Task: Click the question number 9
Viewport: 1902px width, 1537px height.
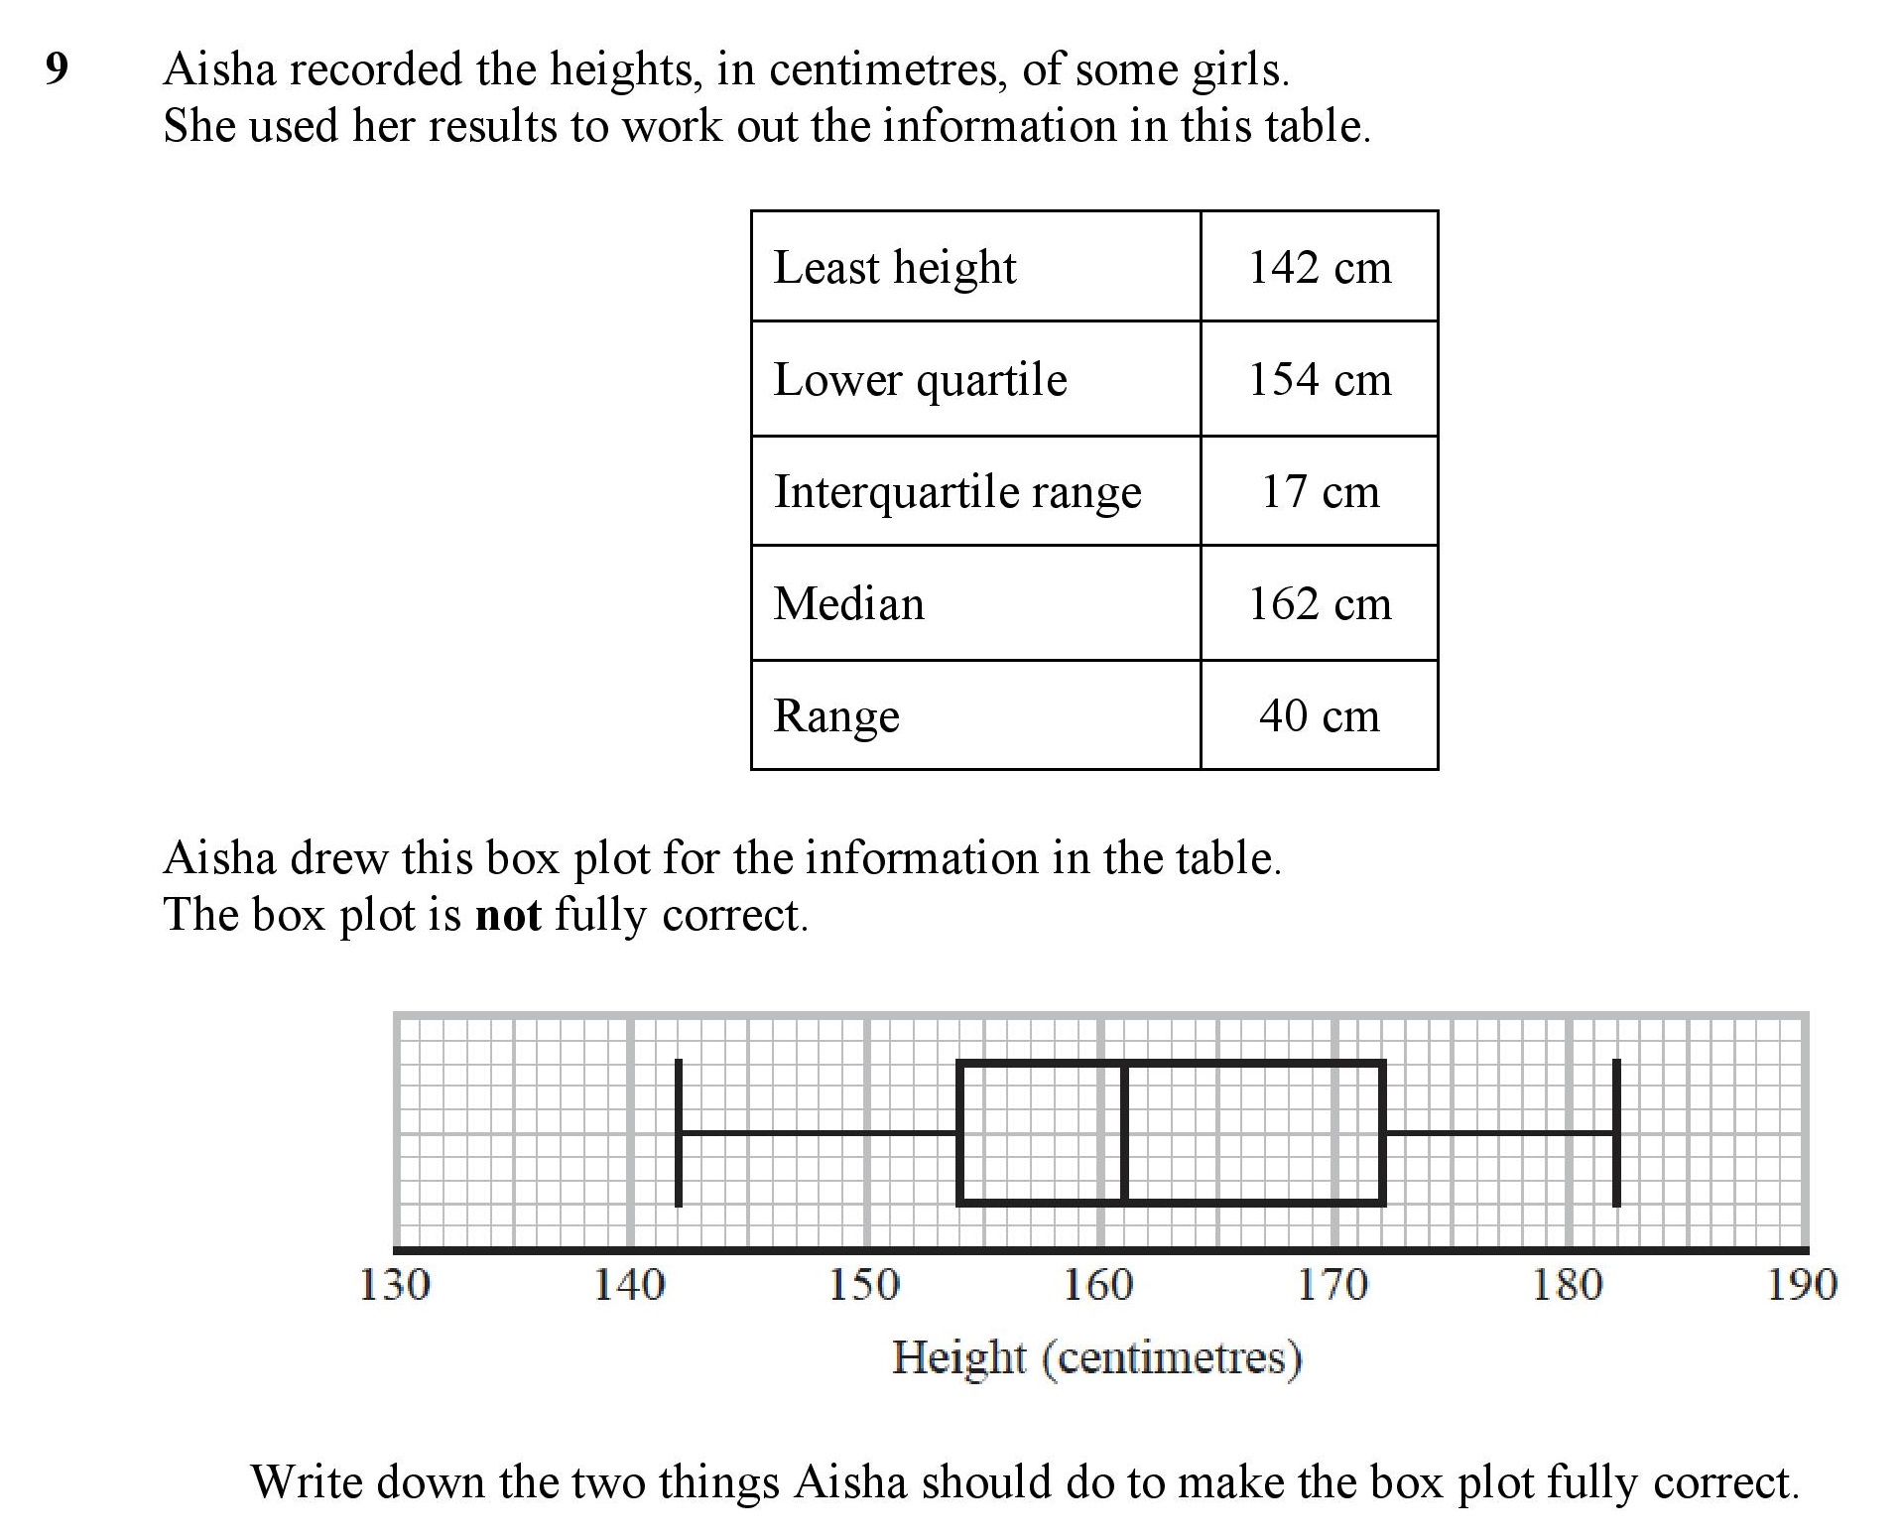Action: (57, 69)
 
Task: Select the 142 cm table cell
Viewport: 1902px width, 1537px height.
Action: (1319, 267)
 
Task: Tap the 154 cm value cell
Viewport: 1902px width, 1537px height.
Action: (1319, 379)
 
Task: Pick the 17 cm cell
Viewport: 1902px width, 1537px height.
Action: (1319, 491)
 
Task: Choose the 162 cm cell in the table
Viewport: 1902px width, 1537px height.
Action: (1319, 603)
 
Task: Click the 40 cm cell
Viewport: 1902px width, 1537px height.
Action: (1319, 715)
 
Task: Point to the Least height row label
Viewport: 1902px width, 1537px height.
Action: (894, 267)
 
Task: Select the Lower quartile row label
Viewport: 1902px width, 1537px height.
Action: (920, 380)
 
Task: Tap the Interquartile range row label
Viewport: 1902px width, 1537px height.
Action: (957, 492)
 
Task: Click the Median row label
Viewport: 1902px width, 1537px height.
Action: (848, 603)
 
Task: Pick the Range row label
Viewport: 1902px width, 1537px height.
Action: (836, 716)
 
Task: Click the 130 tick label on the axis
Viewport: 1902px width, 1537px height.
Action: (394, 1285)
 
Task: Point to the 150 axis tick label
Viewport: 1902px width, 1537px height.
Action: (864, 1285)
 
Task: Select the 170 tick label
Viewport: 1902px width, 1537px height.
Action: (1333, 1285)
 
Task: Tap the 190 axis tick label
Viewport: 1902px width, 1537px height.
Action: (1802, 1285)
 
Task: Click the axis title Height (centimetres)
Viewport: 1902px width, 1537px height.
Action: (1096, 1357)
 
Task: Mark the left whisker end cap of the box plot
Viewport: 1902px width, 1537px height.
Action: (679, 1132)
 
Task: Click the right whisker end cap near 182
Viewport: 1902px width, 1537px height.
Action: (1616, 1132)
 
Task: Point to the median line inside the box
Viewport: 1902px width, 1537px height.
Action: (1125, 1132)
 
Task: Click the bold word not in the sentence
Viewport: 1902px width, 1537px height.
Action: (508, 915)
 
